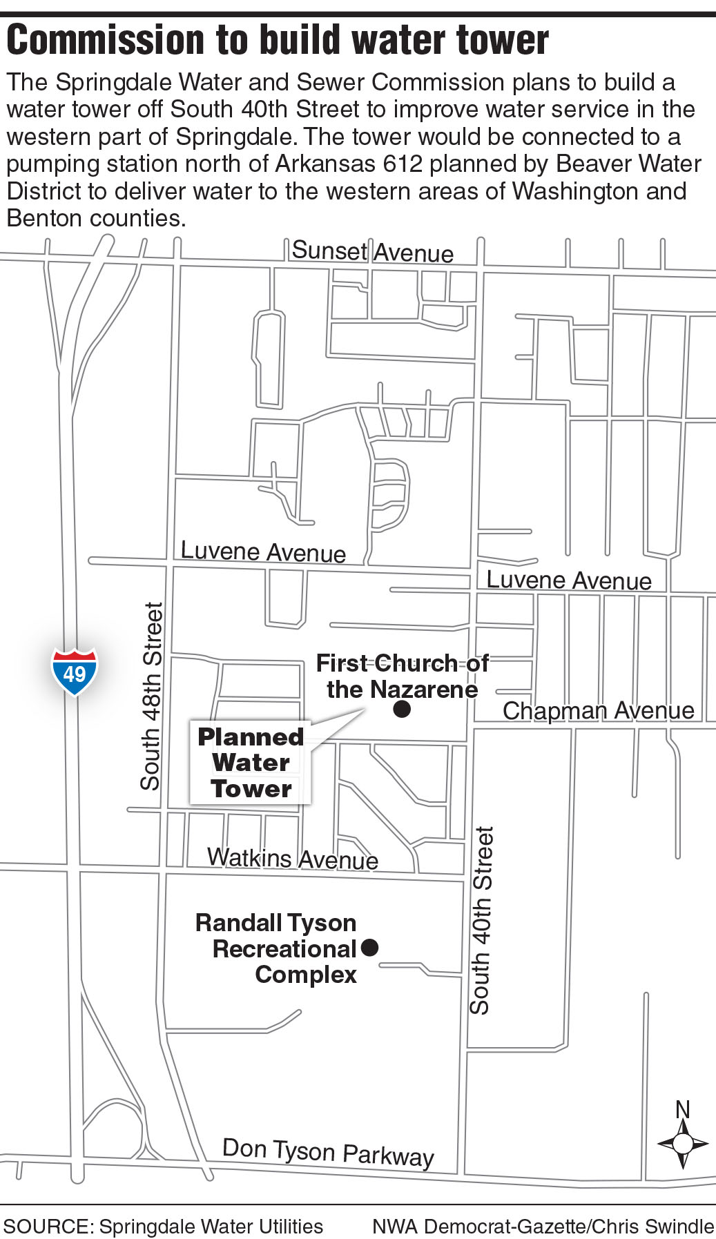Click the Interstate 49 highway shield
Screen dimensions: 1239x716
[75, 672]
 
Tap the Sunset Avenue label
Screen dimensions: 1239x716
[372, 251]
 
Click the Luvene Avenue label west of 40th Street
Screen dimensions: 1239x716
[262, 552]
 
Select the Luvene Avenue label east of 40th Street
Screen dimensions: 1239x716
[568, 580]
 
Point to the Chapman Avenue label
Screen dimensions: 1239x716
[598, 710]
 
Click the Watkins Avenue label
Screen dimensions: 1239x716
[293, 858]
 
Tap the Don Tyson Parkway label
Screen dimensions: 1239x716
[328, 1152]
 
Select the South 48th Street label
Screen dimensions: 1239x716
[151, 696]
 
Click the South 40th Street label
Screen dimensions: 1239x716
[481, 920]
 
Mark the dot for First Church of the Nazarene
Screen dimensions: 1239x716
[402, 709]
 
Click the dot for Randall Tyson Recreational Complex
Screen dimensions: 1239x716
[370, 948]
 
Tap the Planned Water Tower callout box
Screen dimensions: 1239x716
[251, 763]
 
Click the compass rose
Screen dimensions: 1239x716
[682, 1144]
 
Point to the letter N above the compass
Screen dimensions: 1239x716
[682, 1109]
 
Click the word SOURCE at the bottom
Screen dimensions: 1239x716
[47, 1226]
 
